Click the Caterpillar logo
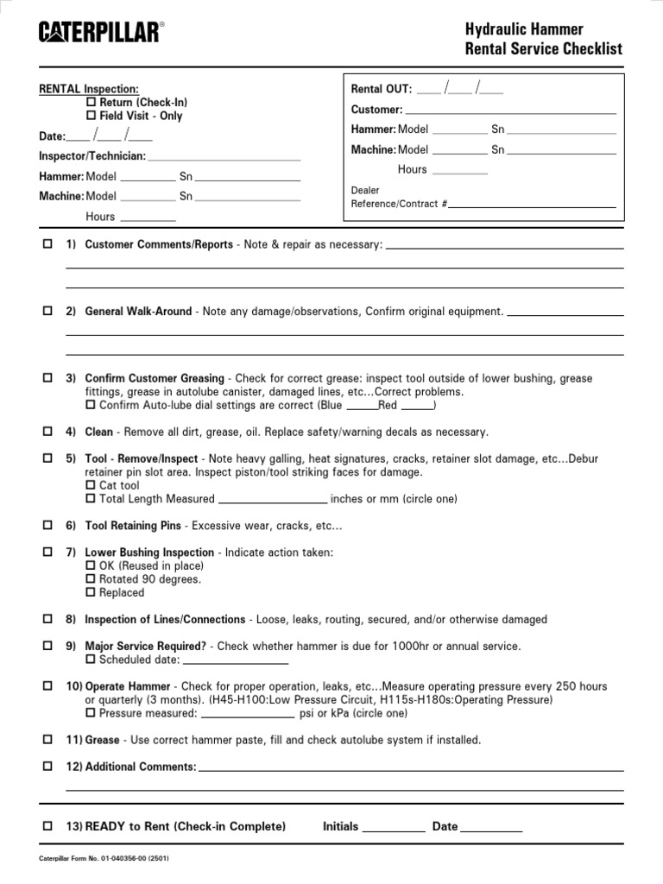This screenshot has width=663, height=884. [x=99, y=33]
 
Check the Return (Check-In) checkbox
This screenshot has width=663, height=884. [x=91, y=103]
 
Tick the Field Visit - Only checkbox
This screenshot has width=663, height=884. [x=91, y=116]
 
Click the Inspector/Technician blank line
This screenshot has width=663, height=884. [x=224, y=158]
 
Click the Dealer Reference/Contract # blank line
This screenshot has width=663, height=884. [x=533, y=205]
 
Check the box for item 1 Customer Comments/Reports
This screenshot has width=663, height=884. [x=47, y=244]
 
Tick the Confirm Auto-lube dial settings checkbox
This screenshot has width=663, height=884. [x=91, y=405]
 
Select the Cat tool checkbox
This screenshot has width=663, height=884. [x=91, y=486]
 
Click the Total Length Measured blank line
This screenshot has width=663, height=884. [x=273, y=500]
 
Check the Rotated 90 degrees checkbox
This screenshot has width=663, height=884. [x=91, y=579]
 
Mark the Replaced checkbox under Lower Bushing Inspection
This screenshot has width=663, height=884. [x=91, y=593]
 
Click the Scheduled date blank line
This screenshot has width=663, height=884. [x=236, y=661]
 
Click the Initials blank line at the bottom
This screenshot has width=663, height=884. [x=394, y=828]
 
